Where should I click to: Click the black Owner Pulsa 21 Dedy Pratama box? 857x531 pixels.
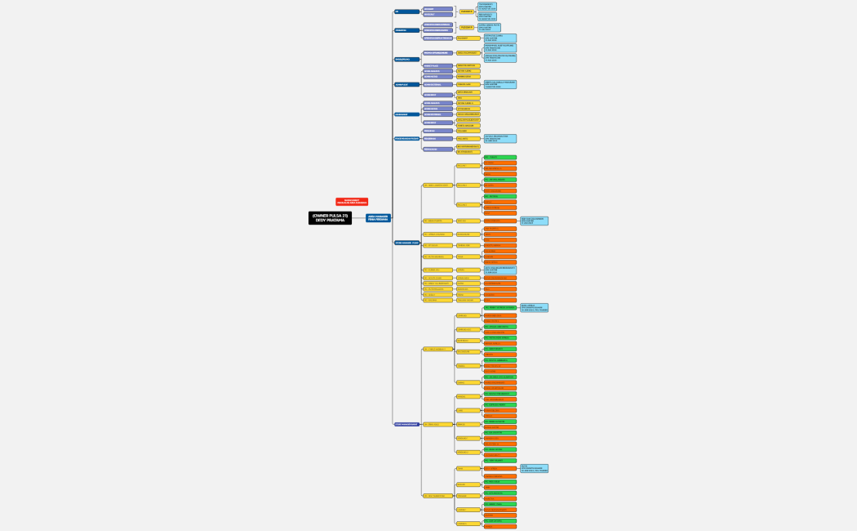pyautogui.click(x=330, y=218)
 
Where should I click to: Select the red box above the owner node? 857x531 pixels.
pyautogui.click(x=352, y=202)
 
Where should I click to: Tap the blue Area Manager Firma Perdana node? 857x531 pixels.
pyautogui.click(x=378, y=218)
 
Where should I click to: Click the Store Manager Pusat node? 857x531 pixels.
pyautogui.click(x=407, y=243)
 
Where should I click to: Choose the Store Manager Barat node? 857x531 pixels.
pyautogui.click(x=407, y=424)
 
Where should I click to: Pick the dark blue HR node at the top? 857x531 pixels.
pyautogui.click(x=406, y=11)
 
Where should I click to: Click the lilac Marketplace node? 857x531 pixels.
pyautogui.click(x=437, y=149)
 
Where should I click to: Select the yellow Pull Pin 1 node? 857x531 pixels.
pyautogui.click(x=468, y=166)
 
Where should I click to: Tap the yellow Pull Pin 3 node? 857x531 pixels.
pyautogui.click(x=468, y=204)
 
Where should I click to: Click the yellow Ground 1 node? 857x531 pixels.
pyautogui.click(x=468, y=315)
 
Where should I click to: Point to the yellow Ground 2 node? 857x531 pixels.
pyautogui.click(x=468, y=329)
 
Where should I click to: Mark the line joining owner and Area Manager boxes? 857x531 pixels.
pyautogui.click(x=358, y=218)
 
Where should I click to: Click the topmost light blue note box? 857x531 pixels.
pyautogui.click(x=486, y=7)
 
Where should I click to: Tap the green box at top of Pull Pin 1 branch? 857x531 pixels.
pyautogui.click(x=500, y=157)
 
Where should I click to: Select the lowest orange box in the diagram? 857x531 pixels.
pyautogui.click(x=500, y=527)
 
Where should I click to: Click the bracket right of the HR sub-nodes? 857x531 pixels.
pyautogui.click(x=456, y=11)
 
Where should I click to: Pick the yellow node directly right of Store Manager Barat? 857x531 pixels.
pyautogui.click(x=436, y=424)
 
